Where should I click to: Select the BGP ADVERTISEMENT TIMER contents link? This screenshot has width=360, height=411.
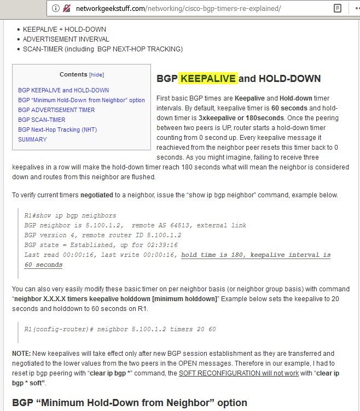[56, 110]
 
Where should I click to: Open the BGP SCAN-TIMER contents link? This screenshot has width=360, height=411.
[42, 120]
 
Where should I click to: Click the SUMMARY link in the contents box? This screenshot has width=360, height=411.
[32, 139]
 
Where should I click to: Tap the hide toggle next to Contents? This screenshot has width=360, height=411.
[96, 75]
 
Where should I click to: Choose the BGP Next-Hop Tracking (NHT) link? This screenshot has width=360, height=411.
[57, 130]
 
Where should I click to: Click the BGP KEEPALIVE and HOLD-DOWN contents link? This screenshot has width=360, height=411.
[63, 90]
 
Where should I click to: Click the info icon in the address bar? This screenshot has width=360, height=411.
[55, 8]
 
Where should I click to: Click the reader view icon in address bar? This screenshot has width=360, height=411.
[338, 8]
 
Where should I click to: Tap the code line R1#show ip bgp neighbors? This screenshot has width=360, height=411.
[70, 216]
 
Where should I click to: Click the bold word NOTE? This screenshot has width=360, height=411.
[22, 354]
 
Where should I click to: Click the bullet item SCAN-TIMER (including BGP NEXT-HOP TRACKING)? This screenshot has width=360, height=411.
[102, 49]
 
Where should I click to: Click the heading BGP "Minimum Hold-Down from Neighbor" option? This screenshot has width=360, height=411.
[129, 403]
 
